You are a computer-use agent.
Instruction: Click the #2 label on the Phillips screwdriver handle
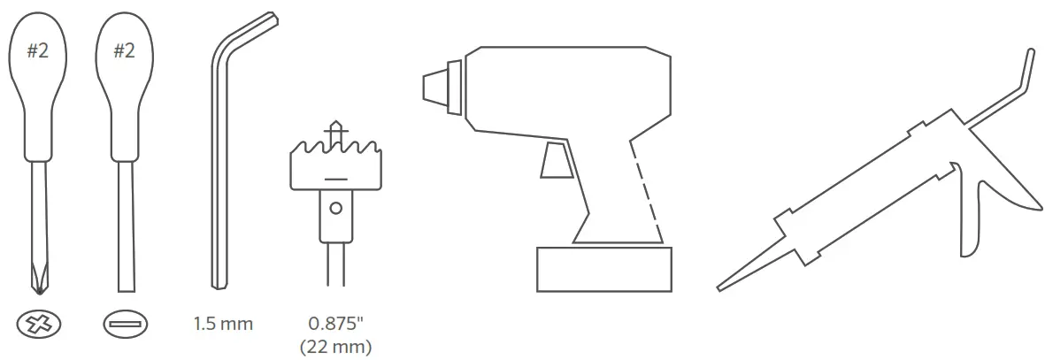pyautogui.click(x=38, y=50)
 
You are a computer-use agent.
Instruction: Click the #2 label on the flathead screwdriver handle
pyautogui.click(x=124, y=50)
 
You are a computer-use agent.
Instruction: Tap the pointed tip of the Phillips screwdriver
pyautogui.click(x=39, y=292)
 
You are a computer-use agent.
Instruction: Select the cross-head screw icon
pyautogui.click(x=39, y=325)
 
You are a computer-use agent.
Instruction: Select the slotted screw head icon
pyautogui.click(x=126, y=325)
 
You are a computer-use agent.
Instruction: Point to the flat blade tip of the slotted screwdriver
pyautogui.click(x=126, y=290)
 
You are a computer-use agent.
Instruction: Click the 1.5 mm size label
pyautogui.click(x=223, y=325)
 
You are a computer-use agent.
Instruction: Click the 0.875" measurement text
pyautogui.click(x=336, y=324)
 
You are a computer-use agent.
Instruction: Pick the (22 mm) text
pyautogui.click(x=336, y=347)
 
